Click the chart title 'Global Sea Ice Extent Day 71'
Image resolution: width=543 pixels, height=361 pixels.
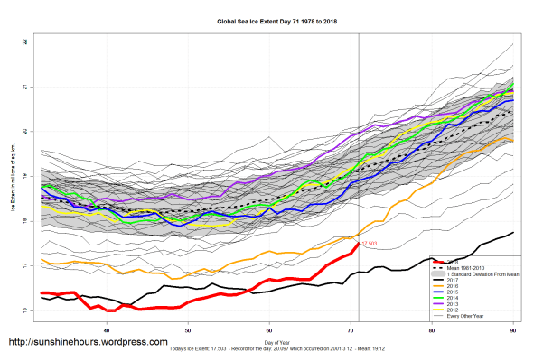[271, 20]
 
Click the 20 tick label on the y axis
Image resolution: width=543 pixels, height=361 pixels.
[26, 132]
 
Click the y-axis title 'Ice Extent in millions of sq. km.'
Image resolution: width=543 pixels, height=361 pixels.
[13, 177]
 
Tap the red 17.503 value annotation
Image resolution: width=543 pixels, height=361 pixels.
[369, 243]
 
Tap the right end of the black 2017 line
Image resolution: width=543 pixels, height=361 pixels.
[514, 233]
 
